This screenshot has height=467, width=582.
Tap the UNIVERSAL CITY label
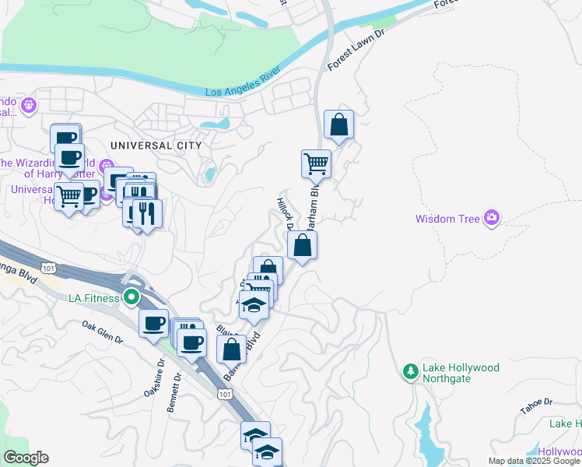click(156, 146)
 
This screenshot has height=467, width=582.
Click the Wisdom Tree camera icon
click(491, 219)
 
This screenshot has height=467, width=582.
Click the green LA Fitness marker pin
click(131, 297)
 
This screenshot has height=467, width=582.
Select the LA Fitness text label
click(93, 298)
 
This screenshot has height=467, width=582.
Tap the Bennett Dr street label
click(177, 386)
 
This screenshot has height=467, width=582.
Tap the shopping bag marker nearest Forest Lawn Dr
click(338, 125)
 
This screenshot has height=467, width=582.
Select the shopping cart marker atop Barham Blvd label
click(317, 164)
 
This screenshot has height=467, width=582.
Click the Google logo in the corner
click(26, 458)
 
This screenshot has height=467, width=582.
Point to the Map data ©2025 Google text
click(534, 461)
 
